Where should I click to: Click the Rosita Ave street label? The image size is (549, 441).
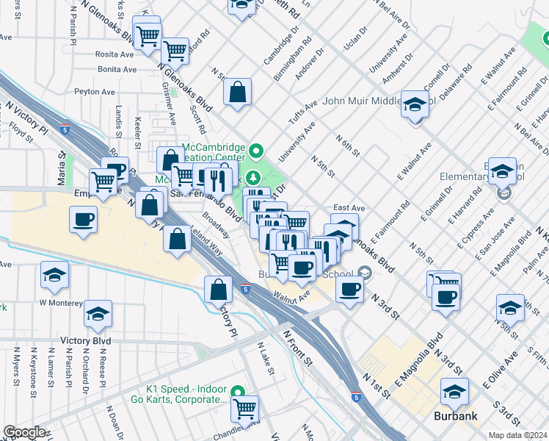(115, 54)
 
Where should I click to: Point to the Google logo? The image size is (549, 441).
(24, 432)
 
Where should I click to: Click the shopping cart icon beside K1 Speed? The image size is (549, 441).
(245, 407)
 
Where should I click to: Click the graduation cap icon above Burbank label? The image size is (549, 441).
(454, 392)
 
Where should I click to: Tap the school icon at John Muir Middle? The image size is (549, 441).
(415, 104)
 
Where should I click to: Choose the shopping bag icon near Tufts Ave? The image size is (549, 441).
(238, 93)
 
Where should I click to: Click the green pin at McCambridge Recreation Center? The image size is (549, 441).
(256, 153)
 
